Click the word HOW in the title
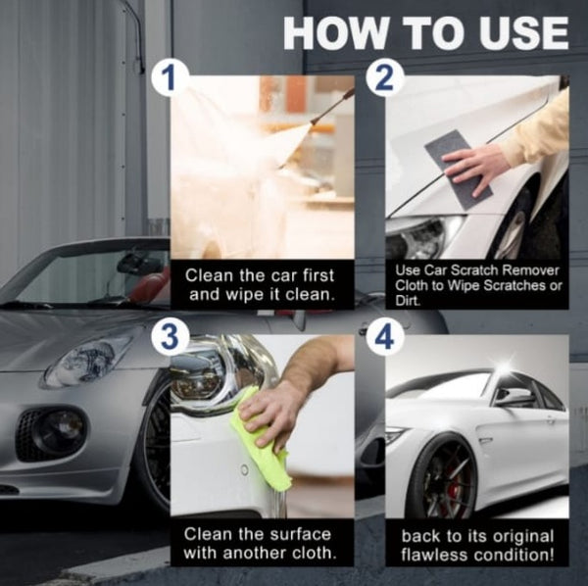(x=334, y=32)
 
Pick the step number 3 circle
(x=169, y=336)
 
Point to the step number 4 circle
(x=384, y=337)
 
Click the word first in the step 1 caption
(x=318, y=275)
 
